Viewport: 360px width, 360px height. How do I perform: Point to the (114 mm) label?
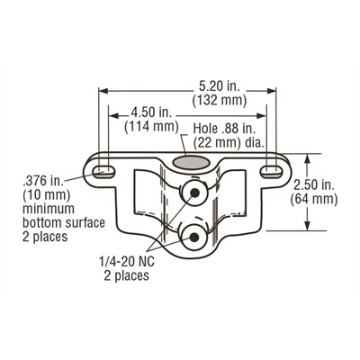coord(149,127)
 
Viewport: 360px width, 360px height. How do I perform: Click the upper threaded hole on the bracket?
coord(191,193)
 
